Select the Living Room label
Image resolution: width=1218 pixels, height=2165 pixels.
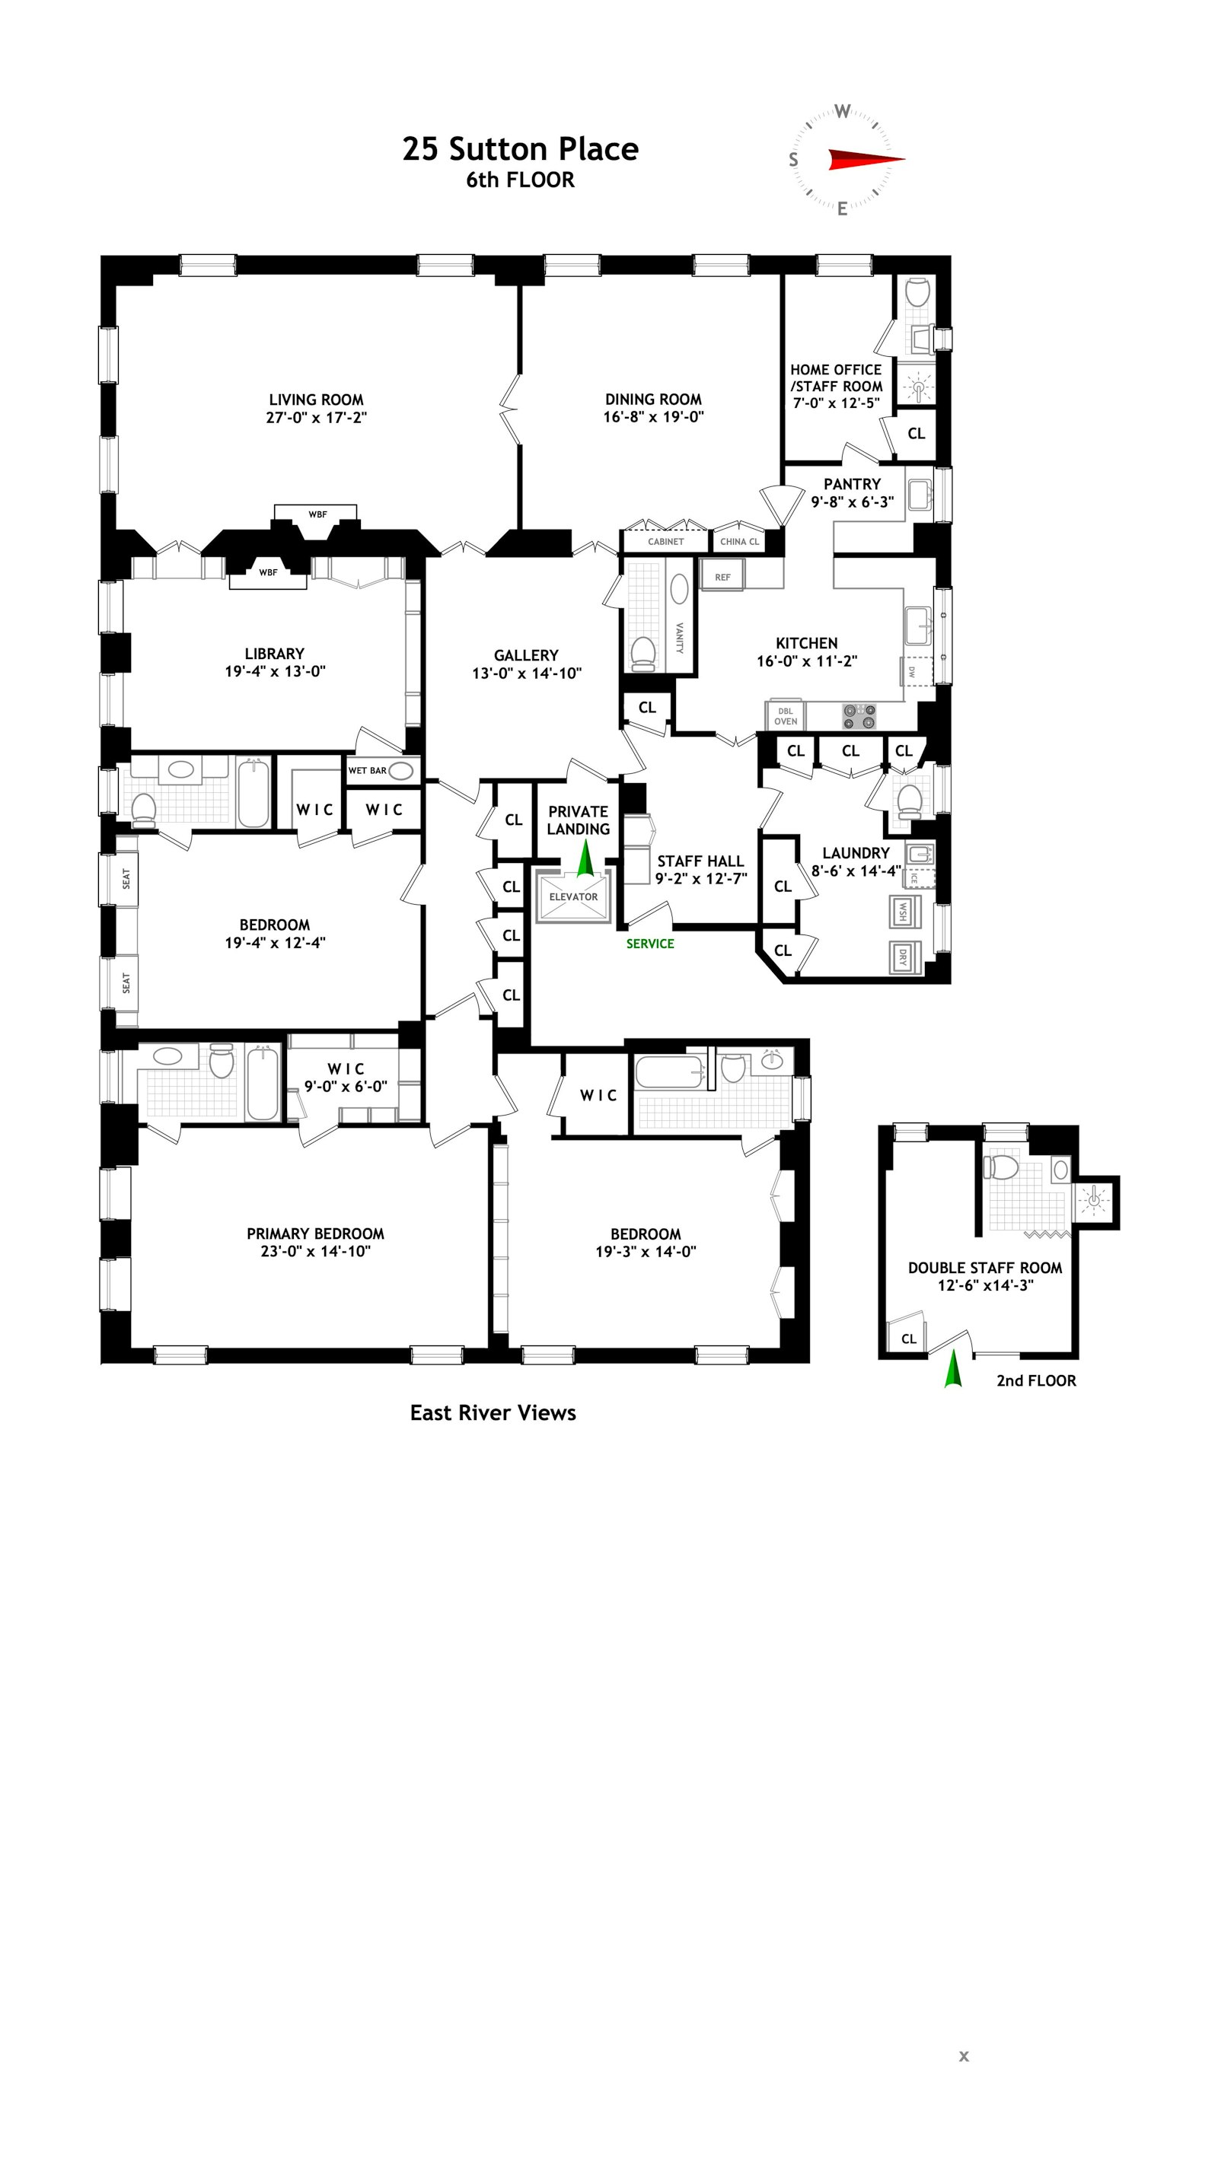tap(316, 400)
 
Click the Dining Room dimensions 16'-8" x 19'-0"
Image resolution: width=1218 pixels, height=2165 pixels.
tap(653, 417)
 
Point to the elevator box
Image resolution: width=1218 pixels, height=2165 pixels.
tap(573, 896)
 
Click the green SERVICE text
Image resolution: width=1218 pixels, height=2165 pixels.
tap(650, 944)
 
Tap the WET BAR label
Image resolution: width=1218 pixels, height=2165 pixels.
tap(368, 770)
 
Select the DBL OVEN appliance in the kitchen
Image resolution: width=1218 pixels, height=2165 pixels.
tap(785, 716)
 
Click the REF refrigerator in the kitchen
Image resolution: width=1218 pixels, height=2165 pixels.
tap(723, 578)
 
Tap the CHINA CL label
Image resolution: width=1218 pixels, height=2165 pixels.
tap(739, 542)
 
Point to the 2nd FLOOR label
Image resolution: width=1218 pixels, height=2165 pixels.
tap(1035, 1381)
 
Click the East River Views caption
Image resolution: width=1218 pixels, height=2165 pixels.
tap(493, 1413)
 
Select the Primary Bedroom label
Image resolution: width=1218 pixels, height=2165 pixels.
tap(315, 1234)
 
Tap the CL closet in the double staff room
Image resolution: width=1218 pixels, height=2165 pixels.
tap(908, 1339)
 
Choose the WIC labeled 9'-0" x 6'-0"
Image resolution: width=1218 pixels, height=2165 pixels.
tap(346, 1078)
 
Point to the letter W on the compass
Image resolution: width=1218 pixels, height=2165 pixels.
tap(842, 111)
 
